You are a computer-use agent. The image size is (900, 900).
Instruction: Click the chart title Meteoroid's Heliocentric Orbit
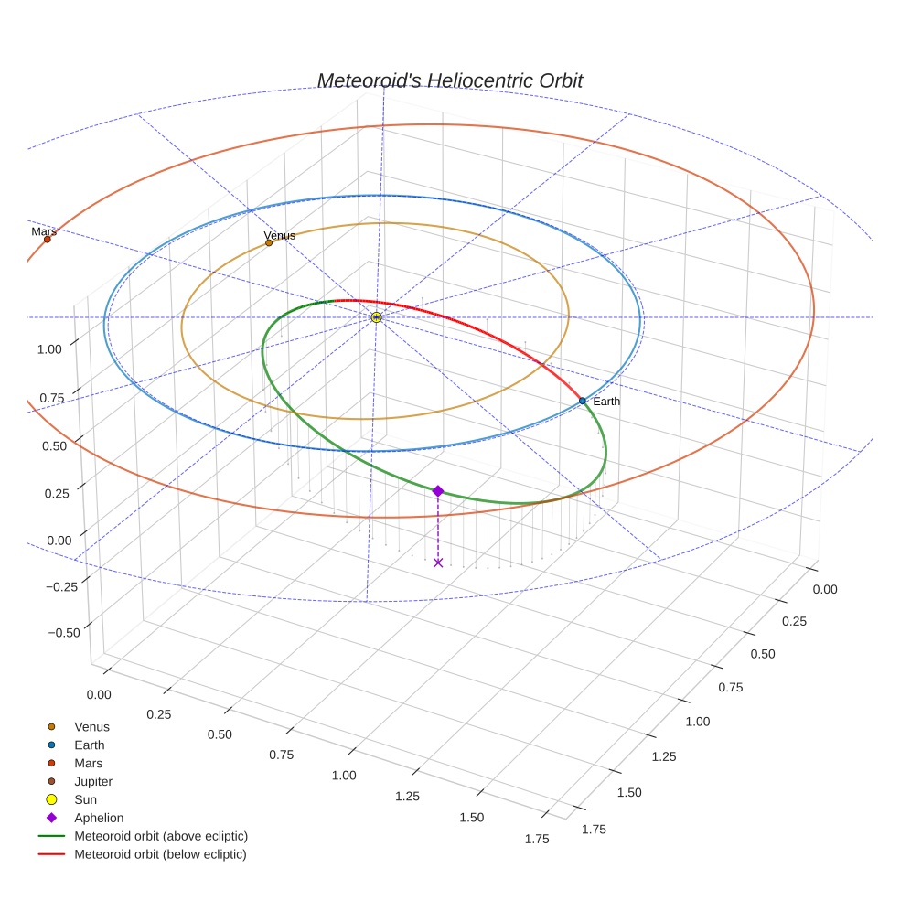[449, 80]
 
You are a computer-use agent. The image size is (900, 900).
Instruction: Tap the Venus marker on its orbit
[269, 242]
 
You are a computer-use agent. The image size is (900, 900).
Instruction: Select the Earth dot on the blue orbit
[583, 401]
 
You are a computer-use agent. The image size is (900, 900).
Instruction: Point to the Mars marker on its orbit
[48, 240]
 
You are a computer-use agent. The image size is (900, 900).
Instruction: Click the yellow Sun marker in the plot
[376, 317]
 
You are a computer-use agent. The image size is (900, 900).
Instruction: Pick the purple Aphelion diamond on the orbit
[438, 491]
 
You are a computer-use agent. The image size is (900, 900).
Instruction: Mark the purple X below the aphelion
[438, 562]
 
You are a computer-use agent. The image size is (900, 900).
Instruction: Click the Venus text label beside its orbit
[280, 235]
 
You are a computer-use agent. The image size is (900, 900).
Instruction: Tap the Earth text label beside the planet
[606, 402]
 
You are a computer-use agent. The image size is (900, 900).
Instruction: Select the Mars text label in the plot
[44, 231]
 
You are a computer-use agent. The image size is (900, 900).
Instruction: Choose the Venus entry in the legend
[91, 727]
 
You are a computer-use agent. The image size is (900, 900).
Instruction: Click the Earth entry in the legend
[90, 745]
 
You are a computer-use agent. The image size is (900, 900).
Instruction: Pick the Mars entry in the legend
[89, 764]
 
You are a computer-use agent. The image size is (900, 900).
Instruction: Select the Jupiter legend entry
[93, 782]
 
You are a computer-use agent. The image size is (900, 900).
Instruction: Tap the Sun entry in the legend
[85, 800]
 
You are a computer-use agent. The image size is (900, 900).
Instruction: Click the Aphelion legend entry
[99, 819]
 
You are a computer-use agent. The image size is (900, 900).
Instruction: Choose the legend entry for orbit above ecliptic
[161, 836]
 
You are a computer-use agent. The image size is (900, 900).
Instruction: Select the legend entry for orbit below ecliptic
[160, 854]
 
